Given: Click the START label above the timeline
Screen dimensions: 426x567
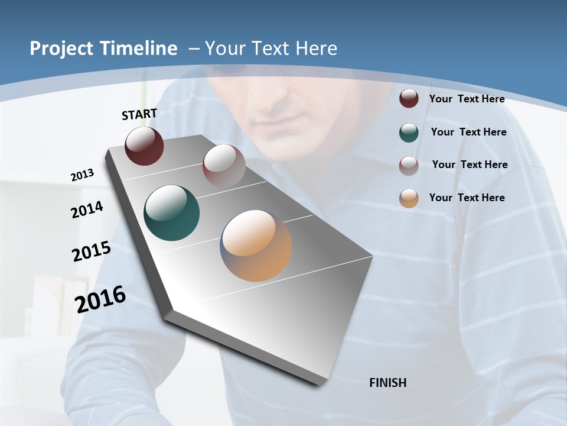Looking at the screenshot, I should [139, 114].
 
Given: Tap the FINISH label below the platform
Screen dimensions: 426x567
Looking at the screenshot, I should [388, 383].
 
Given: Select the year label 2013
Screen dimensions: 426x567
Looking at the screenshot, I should [82, 175].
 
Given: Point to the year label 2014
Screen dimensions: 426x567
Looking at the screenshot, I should [87, 210].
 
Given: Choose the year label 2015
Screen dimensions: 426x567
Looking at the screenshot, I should [92, 251].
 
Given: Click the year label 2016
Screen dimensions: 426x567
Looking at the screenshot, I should [100, 299].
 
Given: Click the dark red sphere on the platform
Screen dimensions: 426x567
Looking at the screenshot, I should [144, 146].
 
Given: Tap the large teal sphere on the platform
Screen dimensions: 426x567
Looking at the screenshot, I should [171, 213].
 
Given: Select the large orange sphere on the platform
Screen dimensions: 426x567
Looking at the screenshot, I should [256, 246].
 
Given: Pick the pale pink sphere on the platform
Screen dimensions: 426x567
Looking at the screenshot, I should [224, 165].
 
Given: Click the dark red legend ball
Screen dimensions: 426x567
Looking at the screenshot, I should [409, 99].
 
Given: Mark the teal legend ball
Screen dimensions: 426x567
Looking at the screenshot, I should [409, 133].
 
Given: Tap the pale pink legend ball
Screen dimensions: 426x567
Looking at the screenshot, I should [409, 166].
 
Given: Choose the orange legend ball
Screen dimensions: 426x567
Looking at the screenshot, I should [409, 198].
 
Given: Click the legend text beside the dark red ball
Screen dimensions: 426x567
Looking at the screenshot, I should [467, 99].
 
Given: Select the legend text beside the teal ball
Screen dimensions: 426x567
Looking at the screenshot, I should [468, 132].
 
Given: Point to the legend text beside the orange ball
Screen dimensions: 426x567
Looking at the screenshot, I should [467, 198].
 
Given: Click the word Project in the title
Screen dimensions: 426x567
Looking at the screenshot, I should [61, 49].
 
